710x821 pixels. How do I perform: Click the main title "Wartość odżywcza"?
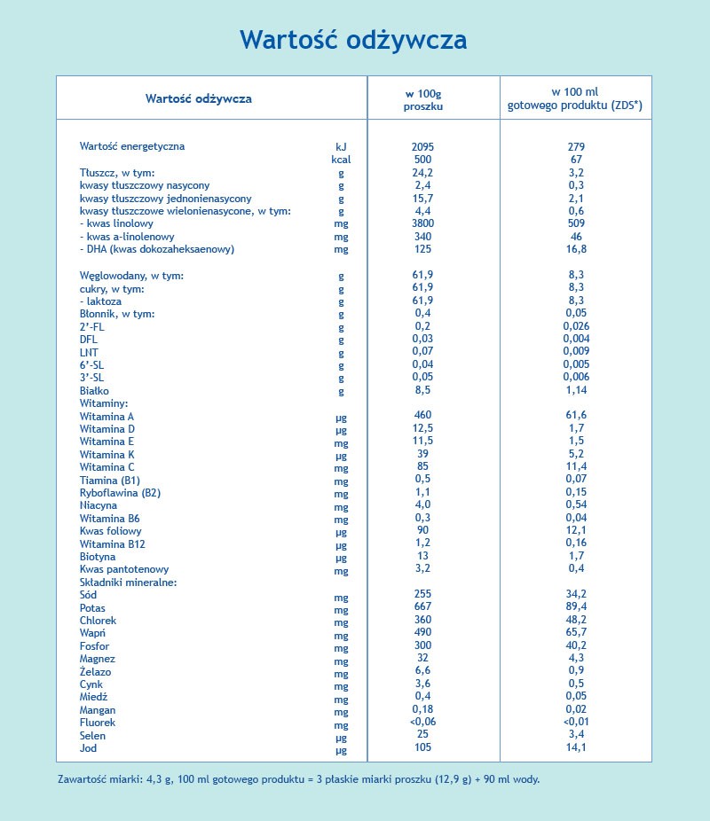(353, 40)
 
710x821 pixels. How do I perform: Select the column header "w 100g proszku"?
(422, 98)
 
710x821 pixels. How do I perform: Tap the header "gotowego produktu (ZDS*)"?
(574, 106)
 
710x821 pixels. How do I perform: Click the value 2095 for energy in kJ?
(422, 146)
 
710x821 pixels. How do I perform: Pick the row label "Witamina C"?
(107, 466)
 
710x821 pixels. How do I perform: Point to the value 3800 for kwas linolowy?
(422, 224)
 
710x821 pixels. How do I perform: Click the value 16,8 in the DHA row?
(577, 249)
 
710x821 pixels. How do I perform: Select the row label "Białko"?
(94, 390)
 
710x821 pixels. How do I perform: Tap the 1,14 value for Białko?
(577, 390)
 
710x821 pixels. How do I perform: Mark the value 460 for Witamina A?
(422, 415)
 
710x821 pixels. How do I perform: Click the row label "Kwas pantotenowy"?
(123, 569)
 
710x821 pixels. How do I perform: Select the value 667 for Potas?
(422, 607)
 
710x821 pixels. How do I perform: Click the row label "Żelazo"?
(95, 671)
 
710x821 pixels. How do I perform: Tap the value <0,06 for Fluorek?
(422, 722)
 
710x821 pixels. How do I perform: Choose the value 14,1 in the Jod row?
(577, 747)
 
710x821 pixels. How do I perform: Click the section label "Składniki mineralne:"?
(129, 583)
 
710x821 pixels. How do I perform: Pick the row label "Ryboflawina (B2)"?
(120, 492)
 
